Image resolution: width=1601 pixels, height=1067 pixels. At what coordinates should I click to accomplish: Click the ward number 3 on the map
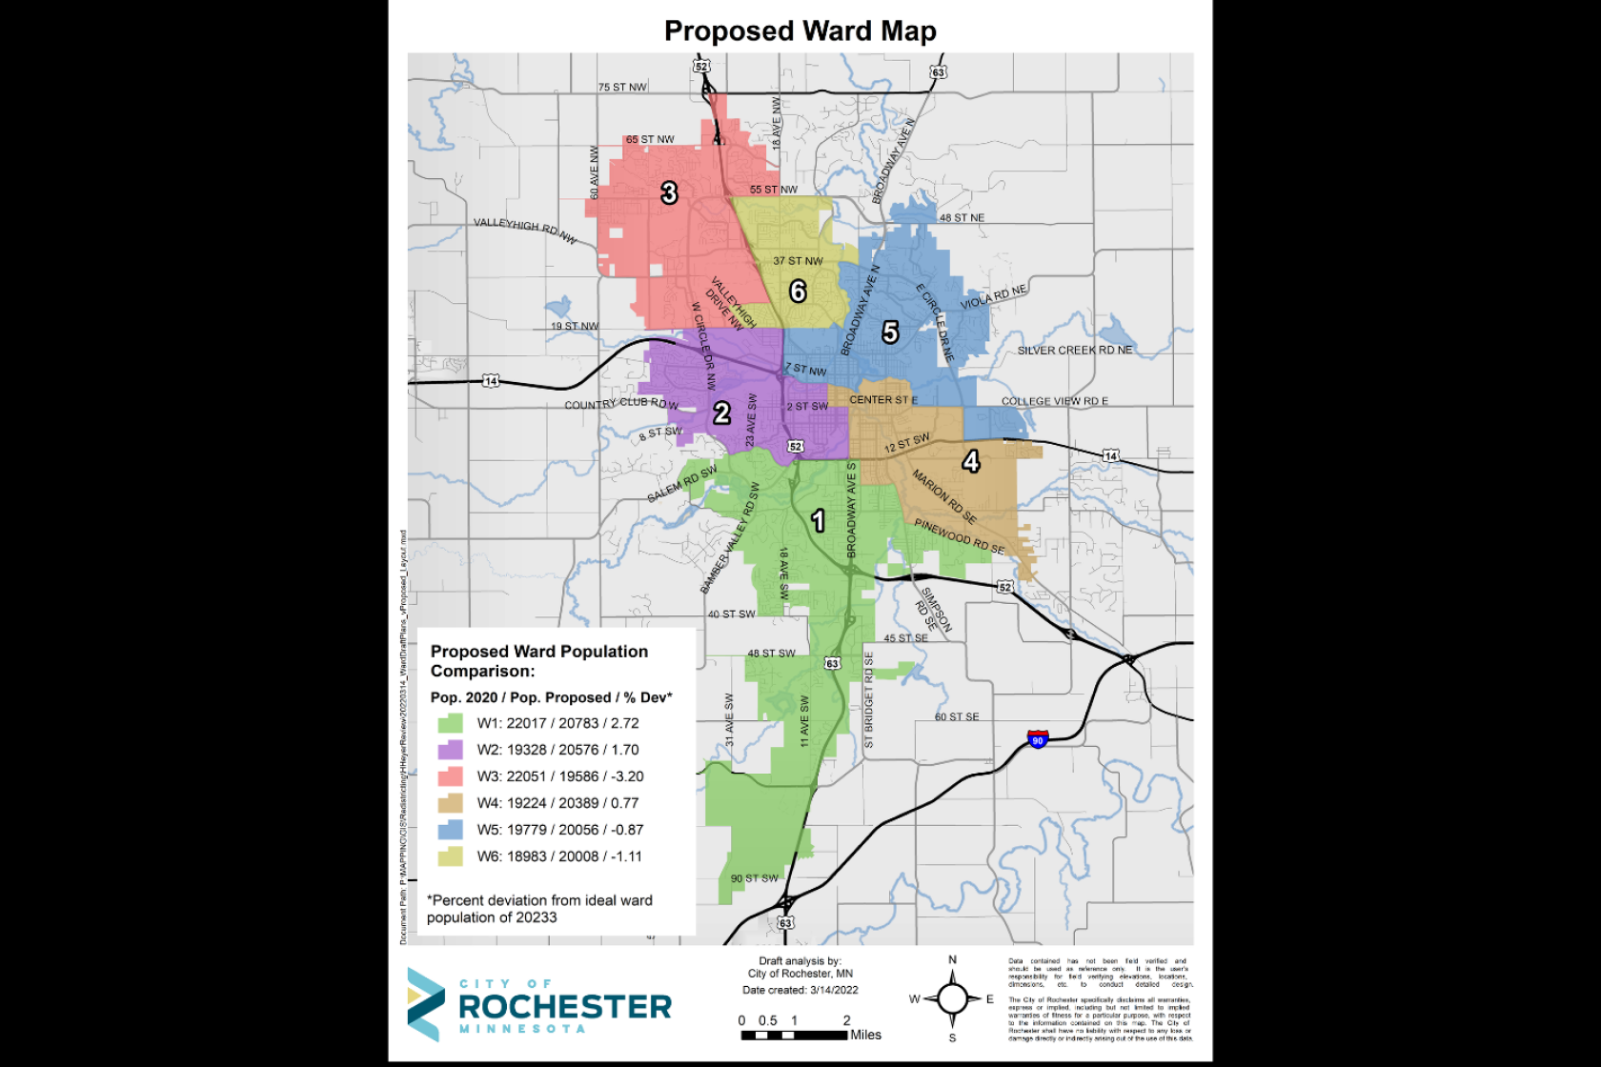point(669,193)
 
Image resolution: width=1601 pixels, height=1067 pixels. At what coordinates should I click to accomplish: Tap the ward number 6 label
point(799,291)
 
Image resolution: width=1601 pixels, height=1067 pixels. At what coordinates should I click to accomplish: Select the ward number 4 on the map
point(970,462)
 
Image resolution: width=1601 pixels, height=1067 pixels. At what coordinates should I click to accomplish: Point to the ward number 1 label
point(818,520)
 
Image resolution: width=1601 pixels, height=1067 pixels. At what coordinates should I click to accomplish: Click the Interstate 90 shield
point(1038,739)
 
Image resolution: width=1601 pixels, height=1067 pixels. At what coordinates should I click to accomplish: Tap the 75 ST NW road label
point(622,87)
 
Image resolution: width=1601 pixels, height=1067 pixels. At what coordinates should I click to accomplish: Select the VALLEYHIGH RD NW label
point(525,230)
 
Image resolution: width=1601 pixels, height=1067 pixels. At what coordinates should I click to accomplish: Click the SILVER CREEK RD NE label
point(1074,351)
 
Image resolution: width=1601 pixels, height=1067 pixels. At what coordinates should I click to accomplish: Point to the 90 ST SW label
point(754,878)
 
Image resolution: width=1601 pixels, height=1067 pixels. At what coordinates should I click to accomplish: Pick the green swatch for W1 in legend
point(451,723)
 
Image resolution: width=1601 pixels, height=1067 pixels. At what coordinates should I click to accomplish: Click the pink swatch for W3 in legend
point(451,776)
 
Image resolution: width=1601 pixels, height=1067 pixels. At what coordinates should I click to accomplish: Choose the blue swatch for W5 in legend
point(451,830)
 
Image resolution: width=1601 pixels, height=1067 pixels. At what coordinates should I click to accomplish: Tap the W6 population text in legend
point(559,856)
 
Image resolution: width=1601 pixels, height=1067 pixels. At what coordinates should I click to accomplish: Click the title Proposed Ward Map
point(800,31)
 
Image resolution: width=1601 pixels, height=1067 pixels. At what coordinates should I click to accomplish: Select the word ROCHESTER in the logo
point(565,1007)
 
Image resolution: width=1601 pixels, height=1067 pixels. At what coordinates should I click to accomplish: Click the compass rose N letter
point(952,960)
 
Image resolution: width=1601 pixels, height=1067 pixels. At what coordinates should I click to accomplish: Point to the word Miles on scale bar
point(865,1035)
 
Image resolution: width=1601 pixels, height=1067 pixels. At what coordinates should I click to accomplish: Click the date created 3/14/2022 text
point(800,990)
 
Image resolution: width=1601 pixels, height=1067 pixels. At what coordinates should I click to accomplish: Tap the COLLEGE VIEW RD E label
point(1054,401)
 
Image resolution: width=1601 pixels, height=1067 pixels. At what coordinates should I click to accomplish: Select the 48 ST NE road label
point(962,218)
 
